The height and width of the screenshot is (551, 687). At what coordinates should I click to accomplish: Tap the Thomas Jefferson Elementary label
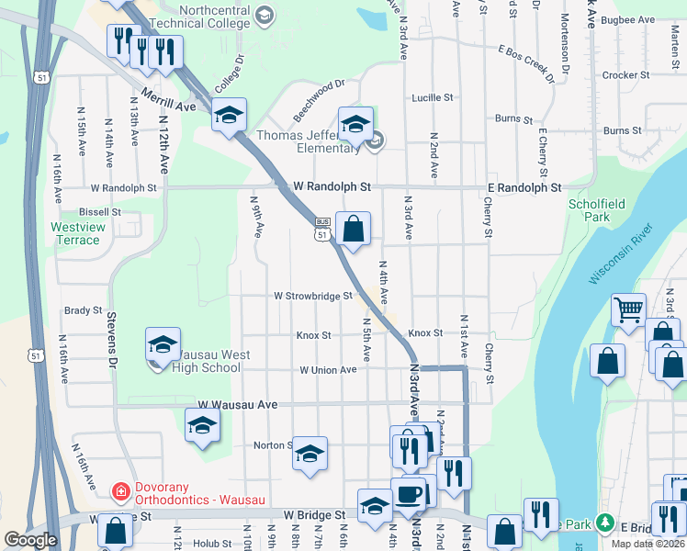tap(308, 141)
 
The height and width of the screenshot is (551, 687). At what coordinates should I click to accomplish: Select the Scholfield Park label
tap(590, 210)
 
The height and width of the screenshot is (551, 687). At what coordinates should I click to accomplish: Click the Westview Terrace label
tap(75, 233)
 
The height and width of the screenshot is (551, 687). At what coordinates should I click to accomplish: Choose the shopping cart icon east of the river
tap(629, 309)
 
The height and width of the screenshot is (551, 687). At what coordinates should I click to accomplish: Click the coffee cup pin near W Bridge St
tap(408, 494)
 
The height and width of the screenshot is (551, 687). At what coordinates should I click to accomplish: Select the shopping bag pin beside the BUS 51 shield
tap(353, 228)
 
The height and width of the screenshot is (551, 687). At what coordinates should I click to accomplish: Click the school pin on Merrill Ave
tap(229, 114)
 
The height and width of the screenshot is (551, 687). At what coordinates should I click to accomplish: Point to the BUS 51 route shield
tap(321, 229)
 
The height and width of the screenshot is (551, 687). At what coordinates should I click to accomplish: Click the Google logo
tap(30, 540)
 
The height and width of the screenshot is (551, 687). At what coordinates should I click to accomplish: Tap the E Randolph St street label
tap(524, 187)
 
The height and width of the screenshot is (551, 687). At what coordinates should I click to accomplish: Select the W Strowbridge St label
tap(313, 296)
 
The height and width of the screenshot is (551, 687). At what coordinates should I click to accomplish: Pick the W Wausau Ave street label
tap(238, 404)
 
